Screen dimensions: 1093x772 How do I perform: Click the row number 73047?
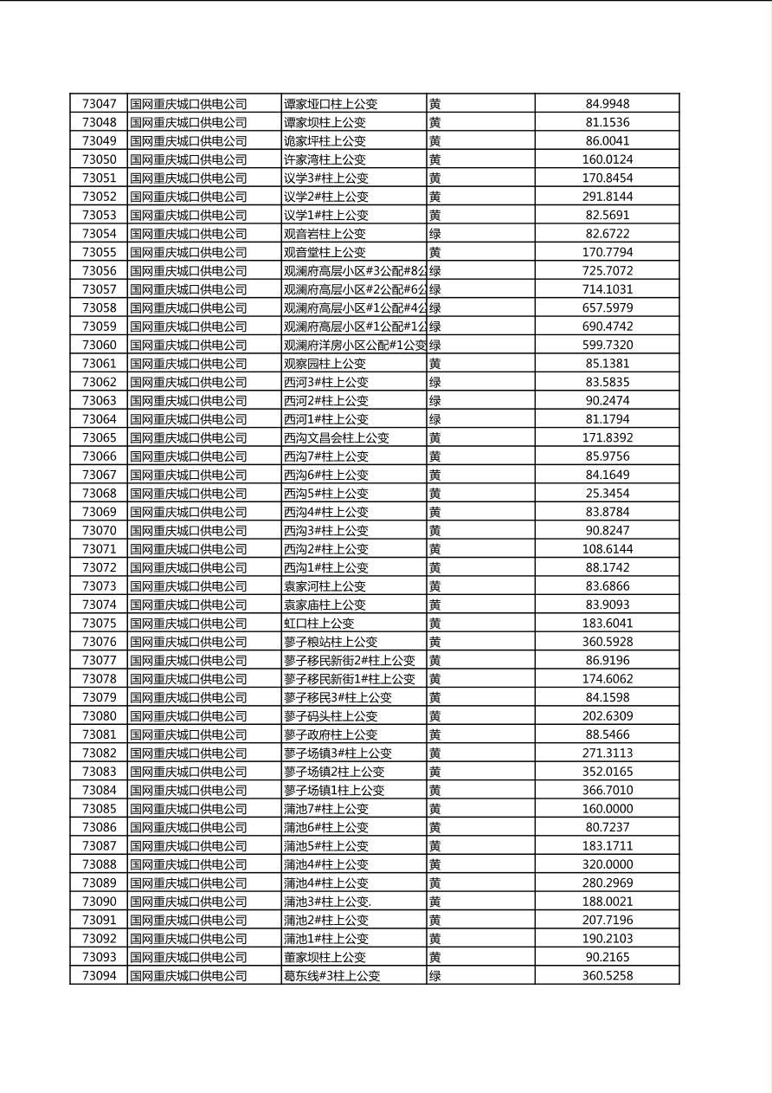click(99, 104)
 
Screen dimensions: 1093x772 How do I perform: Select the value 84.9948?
click(607, 104)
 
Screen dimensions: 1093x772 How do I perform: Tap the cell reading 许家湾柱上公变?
click(325, 159)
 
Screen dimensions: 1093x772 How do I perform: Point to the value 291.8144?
click(607, 197)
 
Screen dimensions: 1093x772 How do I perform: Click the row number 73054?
click(99, 234)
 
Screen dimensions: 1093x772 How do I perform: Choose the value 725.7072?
click(607, 271)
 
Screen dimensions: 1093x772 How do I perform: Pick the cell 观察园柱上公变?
click(325, 364)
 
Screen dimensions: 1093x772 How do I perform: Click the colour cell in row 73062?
click(435, 382)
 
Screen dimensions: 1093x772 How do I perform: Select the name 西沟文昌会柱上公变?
click(336, 438)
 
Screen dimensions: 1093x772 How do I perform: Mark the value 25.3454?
click(607, 494)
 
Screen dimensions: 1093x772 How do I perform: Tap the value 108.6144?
click(607, 549)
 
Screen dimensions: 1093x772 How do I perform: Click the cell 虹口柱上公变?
click(318, 624)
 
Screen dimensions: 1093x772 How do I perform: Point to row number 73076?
click(99, 642)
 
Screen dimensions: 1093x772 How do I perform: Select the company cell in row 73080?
click(189, 716)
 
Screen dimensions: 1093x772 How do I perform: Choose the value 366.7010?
click(607, 790)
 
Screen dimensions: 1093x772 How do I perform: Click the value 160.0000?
click(607, 809)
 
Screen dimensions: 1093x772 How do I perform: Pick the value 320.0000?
click(607, 864)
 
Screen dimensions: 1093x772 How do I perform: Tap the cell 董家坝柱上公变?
click(325, 957)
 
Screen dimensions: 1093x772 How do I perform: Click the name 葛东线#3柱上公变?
click(331, 976)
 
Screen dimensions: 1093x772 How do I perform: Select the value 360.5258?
click(607, 976)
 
